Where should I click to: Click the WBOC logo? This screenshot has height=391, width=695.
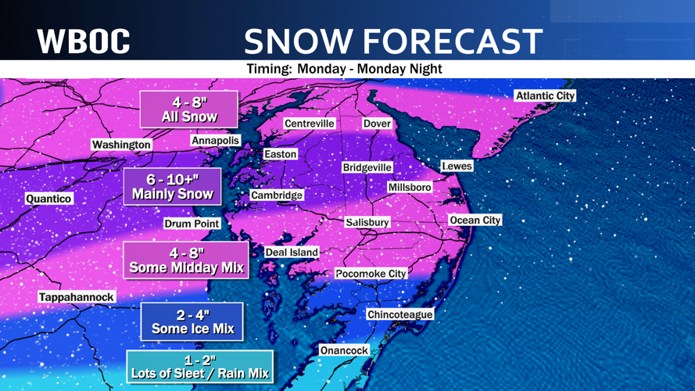click(84, 41)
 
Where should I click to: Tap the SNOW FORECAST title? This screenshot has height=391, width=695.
click(393, 41)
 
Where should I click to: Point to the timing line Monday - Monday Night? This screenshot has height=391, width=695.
click(344, 69)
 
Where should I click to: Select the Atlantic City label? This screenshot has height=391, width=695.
click(545, 95)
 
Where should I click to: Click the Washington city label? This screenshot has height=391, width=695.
click(121, 145)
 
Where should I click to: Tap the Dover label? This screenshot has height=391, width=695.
click(377, 124)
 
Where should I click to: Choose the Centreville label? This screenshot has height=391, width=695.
click(310, 124)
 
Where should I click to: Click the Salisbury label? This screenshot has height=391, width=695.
click(367, 223)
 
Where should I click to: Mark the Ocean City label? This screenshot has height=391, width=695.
click(475, 221)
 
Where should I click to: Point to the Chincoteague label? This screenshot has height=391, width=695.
click(399, 314)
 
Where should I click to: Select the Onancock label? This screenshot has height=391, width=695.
click(344, 350)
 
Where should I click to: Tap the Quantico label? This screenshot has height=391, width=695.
click(48, 199)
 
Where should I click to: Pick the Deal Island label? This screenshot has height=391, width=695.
click(292, 252)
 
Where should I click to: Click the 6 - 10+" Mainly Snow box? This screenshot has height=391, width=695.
click(172, 186)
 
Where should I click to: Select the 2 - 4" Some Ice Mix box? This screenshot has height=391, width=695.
click(192, 321)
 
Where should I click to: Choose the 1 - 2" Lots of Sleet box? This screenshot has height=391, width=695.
click(199, 367)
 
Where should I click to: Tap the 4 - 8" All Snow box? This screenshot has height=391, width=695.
click(188, 109)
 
